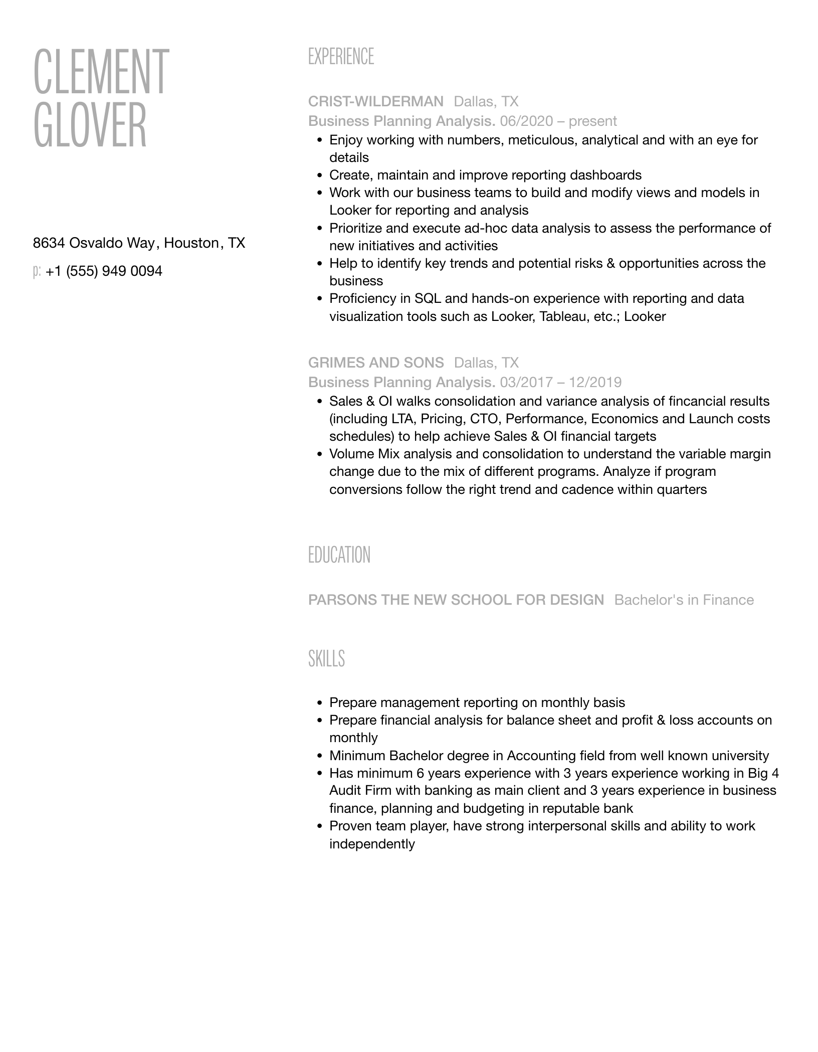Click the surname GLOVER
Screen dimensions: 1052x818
pos(90,125)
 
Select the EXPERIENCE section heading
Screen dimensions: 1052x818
pos(341,57)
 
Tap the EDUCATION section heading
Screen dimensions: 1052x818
pos(339,555)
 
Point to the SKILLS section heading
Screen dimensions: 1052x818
pos(326,658)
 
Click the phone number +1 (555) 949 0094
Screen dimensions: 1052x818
pos(104,271)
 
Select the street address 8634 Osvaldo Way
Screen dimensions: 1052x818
pos(94,243)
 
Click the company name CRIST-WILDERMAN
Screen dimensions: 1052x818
pos(375,102)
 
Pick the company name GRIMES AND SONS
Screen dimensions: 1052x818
pos(376,363)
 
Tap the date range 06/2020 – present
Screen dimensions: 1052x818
pos(558,121)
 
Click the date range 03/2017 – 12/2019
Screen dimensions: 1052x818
pos(560,383)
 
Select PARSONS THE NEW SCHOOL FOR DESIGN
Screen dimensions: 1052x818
pos(456,600)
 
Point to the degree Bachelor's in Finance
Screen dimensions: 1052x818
pos(684,600)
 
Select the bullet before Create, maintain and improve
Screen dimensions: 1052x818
pos(319,176)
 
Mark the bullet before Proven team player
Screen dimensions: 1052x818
pos(319,826)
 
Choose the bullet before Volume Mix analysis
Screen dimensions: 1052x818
pos(319,454)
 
